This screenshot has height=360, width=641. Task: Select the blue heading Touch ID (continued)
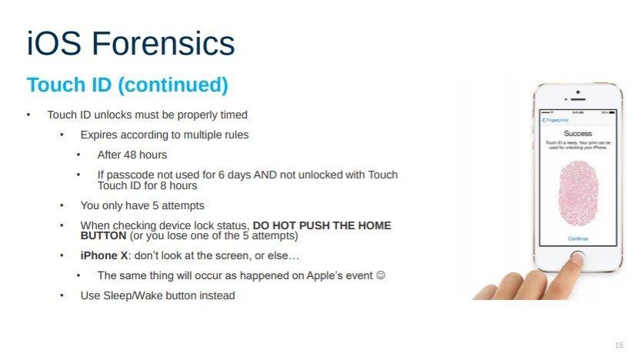pyautogui.click(x=127, y=85)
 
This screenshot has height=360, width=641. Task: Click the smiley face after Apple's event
pyautogui.click(x=380, y=275)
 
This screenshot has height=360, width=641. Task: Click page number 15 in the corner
pyautogui.click(x=619, y=344)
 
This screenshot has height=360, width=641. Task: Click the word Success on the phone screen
pyautogui.click(x=577, y=133)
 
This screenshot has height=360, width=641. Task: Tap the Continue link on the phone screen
pyautogui.click(x=578, y=238)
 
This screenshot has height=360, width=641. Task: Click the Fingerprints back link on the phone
pyautogui.click(x=556, y=120)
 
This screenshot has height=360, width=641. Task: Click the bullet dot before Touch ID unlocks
pyautogui.click(x=28, y=115)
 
